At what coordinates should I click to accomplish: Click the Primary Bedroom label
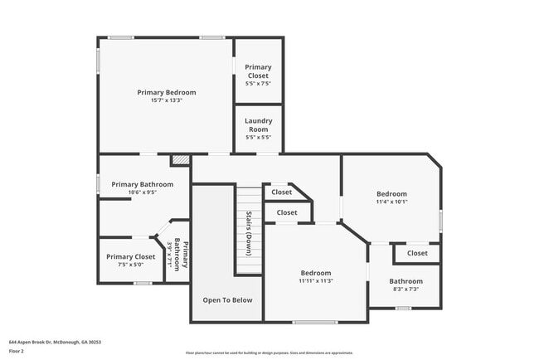pos(167,92)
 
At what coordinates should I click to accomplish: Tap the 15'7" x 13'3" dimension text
pos(167,100)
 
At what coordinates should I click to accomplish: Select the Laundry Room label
pos(258,124)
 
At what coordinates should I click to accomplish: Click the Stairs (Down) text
pos(248,232)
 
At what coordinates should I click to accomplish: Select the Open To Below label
pos(228,299)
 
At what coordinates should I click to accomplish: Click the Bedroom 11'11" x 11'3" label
pos(316,276)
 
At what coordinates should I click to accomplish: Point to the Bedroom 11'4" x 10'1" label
pos(391,197)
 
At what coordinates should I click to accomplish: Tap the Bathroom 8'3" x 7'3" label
pos(406,285)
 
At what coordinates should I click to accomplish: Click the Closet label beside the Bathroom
pos(417,253)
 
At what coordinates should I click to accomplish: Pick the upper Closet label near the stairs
pos(282,192)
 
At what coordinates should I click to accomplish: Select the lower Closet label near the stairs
pos(287,212)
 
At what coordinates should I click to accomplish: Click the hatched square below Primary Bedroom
pos(180,159)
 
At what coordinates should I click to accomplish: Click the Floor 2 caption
pos(17,351)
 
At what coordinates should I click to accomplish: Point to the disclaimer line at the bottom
pos(269,353)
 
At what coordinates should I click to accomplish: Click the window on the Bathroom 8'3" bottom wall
pos(403,309)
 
